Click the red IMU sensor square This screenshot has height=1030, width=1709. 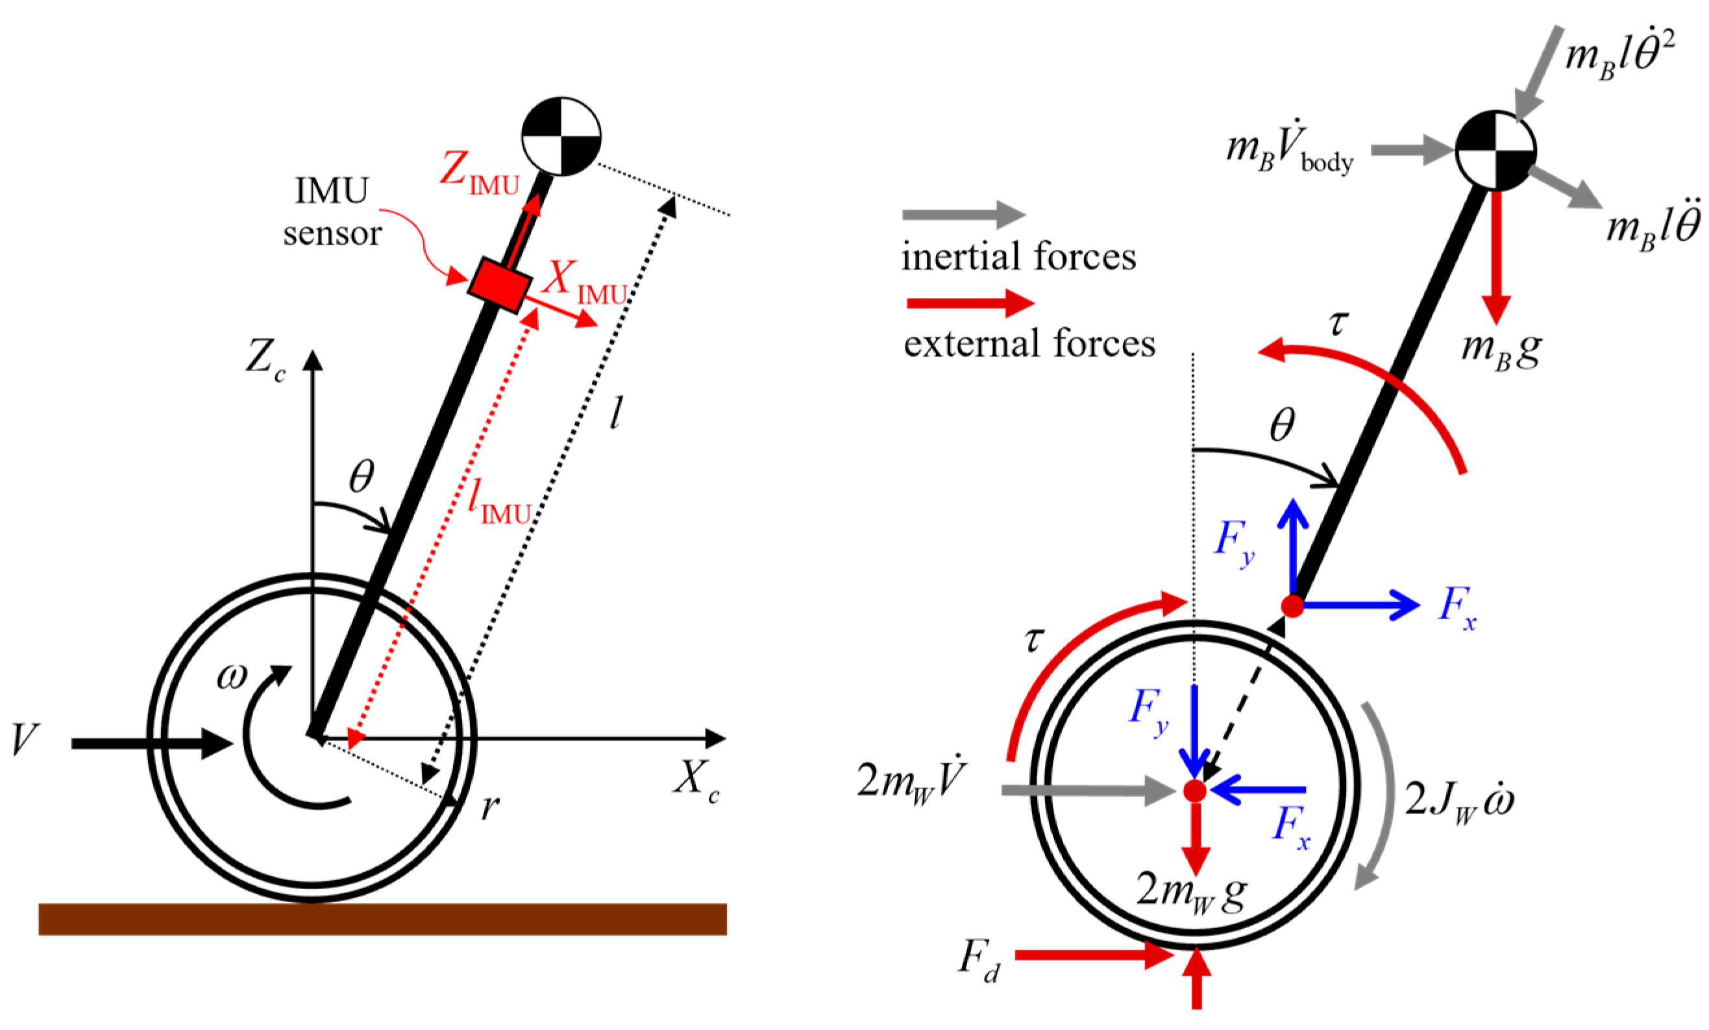tap(500, 284)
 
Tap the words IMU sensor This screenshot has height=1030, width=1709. tap(332, 212)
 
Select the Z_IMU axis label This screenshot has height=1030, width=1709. tap(478, 172)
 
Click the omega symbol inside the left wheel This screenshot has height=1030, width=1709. tap(232, 676)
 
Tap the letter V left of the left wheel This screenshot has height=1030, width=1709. tap(25, 740)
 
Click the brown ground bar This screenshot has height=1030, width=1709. tap(382, 919)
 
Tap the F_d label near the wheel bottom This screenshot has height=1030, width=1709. tap(979, 961)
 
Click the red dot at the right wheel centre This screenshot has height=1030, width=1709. tap(1195, 791)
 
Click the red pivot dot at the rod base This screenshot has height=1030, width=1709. tap(1292, 606)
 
